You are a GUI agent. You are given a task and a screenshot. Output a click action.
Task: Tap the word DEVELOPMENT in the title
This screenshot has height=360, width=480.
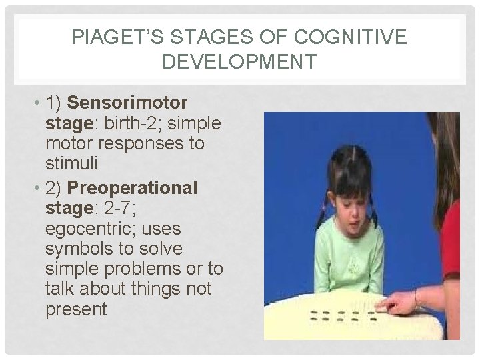(x=239, y=62)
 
